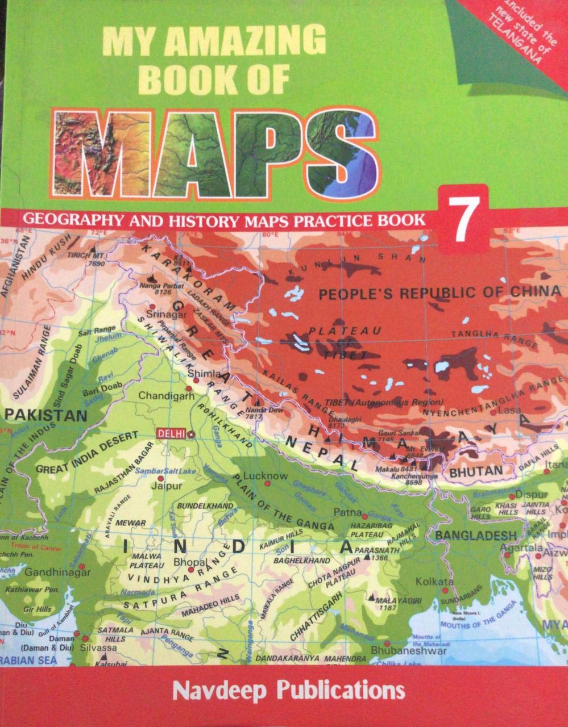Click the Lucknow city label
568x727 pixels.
(x=265, y=476)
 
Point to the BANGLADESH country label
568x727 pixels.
(x=476, y=535)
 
